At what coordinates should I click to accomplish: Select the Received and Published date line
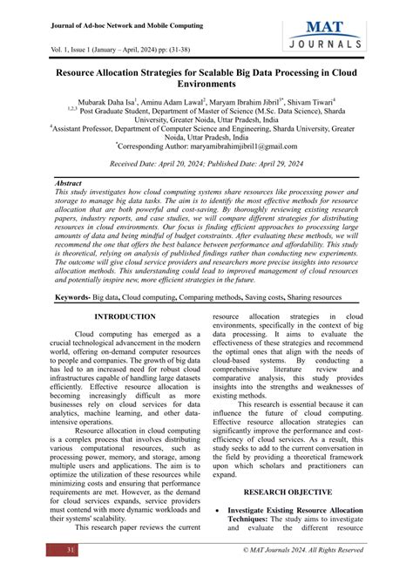[x=206, y=164]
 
